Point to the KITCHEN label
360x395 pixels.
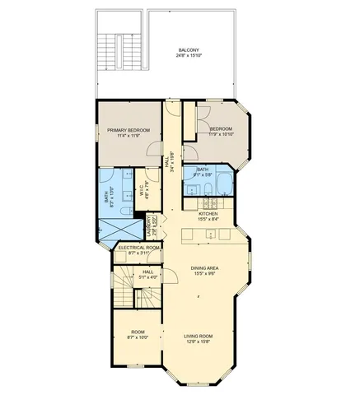tap(208, 212)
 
